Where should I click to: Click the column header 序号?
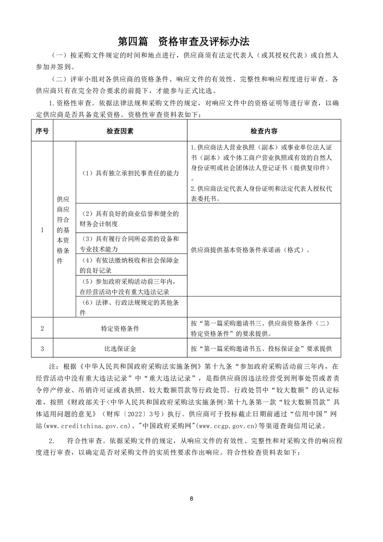(x=42, y=130)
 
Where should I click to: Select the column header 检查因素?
(x=120, y=130)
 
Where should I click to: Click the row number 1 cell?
(x=42, y=229)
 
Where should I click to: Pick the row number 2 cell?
(x=42, y=328)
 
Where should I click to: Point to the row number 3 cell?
(x=42, y=349)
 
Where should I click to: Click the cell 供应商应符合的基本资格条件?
(x=64, y=229)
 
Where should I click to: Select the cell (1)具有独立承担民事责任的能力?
(x=131, y=172)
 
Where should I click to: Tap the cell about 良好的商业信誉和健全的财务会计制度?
(x=131, y=218)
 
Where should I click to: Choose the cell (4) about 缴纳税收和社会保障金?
(x=131, y=265)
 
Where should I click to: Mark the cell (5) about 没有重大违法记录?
(x=131, y=286)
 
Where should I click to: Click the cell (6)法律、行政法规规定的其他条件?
(x=131, y=307)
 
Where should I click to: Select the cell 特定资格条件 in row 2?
(x=120, y=328)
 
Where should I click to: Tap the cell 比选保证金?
(x=120, y=349)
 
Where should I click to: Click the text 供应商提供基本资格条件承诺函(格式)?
(x=250, y=250)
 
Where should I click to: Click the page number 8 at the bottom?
(x=191, y=498)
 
